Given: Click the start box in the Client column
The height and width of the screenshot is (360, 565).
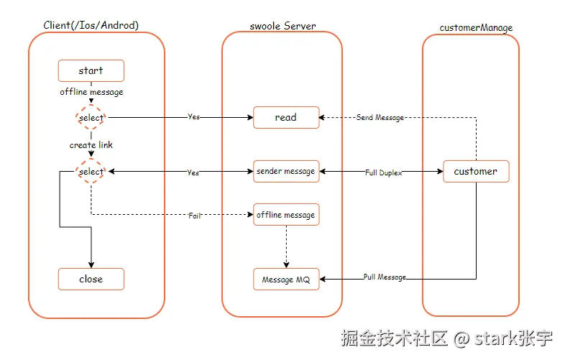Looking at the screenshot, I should coord(91,70).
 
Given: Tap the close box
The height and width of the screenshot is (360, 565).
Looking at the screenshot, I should coord(91,279).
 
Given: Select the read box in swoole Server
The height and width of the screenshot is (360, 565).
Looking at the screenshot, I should coord(285,117).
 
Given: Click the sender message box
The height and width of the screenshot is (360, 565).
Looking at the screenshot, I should coord(285,171).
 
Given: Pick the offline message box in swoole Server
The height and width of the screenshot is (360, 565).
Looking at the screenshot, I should coord(285,215).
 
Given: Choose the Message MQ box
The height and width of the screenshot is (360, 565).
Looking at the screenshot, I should coord(285,280).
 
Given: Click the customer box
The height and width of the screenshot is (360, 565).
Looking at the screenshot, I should coord(475,171).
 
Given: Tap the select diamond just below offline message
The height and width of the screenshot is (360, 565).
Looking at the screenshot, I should coord(91,117).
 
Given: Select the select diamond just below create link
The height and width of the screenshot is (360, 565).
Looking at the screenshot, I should coord(91,172).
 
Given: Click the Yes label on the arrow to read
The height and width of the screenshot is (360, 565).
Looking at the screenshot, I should coord(193,116).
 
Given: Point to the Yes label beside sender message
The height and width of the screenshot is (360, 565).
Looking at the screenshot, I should coord(193,172).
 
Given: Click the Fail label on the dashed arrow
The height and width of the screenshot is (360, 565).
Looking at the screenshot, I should coord(194,216).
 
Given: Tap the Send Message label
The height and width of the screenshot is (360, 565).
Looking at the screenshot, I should coord(380,117).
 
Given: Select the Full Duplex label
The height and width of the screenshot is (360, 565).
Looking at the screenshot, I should coord(381,172).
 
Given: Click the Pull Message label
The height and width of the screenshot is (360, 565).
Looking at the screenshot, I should coord(385,277).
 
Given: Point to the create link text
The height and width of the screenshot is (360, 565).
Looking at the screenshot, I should coord(91,145).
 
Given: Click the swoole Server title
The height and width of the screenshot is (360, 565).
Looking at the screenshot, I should coord(282,26).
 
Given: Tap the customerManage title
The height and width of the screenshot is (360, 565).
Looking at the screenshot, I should coord(476,28).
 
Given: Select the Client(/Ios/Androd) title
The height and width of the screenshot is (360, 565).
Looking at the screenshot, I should coord(91,25).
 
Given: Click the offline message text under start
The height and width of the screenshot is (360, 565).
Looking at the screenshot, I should coord(91,92).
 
